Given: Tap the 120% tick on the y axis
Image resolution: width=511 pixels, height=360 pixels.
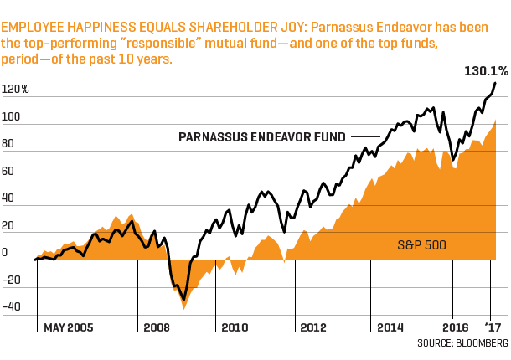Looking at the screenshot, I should [x=15, y=90].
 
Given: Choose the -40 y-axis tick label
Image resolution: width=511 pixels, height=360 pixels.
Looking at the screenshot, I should [x=12, y=307].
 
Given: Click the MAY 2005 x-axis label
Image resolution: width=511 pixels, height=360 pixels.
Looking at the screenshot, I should [x=69, y=327].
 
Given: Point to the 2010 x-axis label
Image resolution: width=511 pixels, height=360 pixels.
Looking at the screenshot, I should [x=235, y=327].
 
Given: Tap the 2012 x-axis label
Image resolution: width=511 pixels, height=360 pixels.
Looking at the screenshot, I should [x=312, y=327].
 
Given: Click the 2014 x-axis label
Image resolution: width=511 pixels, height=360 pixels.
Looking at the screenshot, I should [x=390, y=327].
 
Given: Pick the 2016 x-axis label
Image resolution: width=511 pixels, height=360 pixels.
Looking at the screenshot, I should [x=455, y=327].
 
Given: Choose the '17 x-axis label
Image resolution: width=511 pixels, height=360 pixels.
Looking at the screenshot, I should [x=493, y=327].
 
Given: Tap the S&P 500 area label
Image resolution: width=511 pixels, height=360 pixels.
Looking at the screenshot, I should [x=421, y=245].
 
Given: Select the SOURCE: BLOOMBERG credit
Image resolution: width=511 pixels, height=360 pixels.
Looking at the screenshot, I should [x=462, y=343].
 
